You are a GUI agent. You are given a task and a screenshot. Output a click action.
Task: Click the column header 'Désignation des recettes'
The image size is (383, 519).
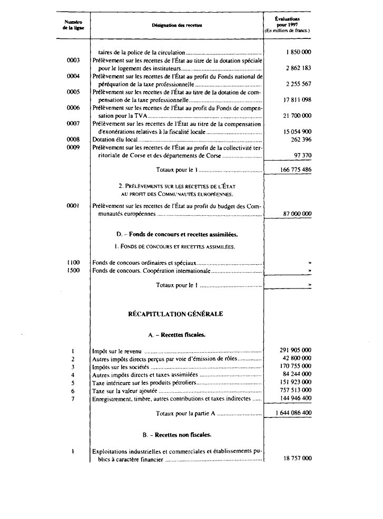176,25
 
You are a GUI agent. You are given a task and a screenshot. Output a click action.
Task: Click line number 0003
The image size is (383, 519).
73,60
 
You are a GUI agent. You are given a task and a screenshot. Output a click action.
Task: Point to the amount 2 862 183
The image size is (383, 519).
298,68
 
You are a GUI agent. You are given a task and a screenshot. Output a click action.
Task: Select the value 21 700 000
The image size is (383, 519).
298,115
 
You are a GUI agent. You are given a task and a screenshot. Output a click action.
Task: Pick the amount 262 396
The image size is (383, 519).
301,139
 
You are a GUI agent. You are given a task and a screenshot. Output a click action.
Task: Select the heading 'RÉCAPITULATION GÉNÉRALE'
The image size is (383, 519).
176,314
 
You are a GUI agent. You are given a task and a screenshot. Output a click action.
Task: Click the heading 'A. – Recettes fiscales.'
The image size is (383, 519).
176,334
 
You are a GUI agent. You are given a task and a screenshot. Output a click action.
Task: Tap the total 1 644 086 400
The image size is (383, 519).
293,413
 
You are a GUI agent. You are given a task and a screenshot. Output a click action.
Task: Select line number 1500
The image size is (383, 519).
73,271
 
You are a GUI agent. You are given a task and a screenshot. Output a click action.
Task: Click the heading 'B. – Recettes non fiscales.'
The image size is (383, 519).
176,435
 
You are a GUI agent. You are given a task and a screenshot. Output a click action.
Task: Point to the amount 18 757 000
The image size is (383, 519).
297,458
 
